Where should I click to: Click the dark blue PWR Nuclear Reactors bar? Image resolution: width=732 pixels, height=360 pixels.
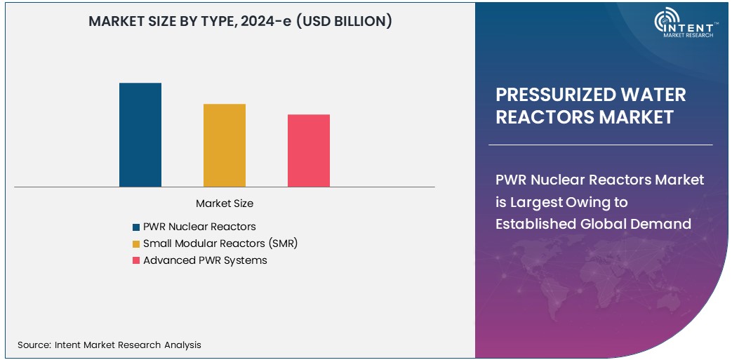pyautogui.click(x=140, y=135)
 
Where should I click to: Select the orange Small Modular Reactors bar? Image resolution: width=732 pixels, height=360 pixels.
pyautogui.click(x=225, y=145)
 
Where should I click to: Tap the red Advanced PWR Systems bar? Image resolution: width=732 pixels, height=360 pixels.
pyautogui.click(x=309, y=150)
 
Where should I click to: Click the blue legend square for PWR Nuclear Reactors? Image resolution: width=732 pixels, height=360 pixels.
pyautogui.click(x=136, y=227)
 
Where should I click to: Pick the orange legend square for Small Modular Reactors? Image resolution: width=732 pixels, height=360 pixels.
pyautogui.click(x=136, y=244)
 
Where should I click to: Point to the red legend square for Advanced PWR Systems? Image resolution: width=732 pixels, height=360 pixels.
pyautogui.click(x=136, y=261)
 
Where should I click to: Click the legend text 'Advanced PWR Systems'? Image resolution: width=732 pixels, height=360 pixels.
pyautogui.click(x=205, y=260)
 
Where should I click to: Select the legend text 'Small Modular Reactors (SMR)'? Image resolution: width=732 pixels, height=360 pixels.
pyautogui.click(x=225, y=244)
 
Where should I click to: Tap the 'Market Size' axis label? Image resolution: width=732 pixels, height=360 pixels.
pyautogui.click(x=225, y=204)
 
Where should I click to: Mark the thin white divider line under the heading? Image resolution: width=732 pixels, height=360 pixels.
pyautogui.click(x=600, y=145)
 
